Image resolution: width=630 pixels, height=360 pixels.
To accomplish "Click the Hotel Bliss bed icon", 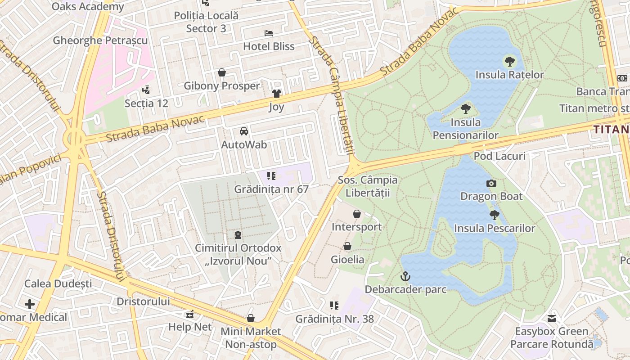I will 269,33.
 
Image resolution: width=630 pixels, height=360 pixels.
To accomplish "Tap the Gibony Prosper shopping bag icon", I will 222,72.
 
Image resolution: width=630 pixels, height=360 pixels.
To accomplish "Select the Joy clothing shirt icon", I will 276,94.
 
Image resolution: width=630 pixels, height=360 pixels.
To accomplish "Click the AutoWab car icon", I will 244,131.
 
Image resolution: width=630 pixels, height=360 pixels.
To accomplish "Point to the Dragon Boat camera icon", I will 491,183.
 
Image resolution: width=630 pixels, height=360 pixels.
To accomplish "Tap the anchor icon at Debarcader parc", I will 405,276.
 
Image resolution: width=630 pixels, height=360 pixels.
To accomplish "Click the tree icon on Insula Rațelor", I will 509,62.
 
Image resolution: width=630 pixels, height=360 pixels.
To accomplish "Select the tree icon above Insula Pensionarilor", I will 466,109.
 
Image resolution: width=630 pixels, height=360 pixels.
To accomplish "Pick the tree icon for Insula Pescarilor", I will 494,215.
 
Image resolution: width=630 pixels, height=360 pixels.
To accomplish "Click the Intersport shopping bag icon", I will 357,214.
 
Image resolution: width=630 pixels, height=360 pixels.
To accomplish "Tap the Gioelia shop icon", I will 347,246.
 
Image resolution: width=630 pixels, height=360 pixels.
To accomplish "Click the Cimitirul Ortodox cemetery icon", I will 238,235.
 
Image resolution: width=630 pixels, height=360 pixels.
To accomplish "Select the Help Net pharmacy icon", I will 190,314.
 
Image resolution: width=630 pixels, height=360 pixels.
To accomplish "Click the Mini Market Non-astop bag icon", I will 251,318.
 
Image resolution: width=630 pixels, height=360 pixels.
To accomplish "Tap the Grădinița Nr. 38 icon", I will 334,306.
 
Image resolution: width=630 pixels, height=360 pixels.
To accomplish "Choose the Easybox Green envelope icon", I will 551,319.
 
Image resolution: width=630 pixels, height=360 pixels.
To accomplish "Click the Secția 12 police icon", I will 146,90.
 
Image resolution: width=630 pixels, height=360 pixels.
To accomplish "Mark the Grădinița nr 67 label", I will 271,189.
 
